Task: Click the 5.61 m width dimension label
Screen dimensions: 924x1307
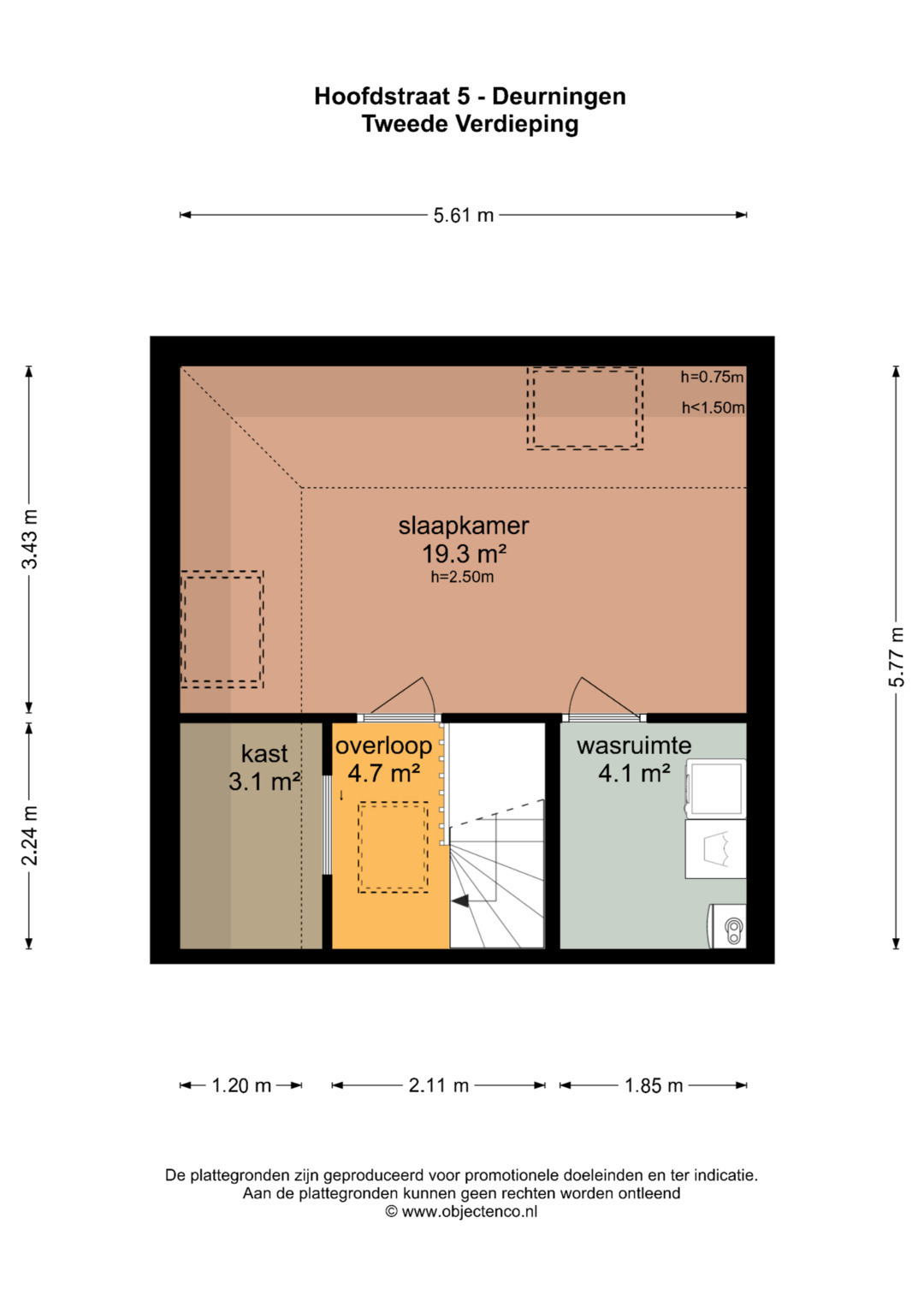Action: tap(463, 216)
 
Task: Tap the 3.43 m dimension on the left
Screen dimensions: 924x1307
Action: tap(30, 538)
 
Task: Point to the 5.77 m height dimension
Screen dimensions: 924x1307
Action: tap(897, 656)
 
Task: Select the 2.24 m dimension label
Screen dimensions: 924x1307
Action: tap(30, 835)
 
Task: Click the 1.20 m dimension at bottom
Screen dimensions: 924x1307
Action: tap(241, 1085)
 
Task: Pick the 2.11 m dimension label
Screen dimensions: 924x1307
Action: tap(439, 1085)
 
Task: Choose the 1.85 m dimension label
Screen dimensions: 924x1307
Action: tap(654, 1085)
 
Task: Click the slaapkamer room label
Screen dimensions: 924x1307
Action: tap(464, 526)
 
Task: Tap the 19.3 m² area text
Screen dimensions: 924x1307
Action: tap(464, 553)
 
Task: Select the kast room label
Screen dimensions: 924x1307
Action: tap(264, 753)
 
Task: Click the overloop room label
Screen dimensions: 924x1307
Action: tap(384, 746)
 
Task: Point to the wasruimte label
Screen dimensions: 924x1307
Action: tap(634, 746)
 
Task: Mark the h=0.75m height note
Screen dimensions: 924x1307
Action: tap(712, 377)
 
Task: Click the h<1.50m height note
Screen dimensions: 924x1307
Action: tap(713, 407)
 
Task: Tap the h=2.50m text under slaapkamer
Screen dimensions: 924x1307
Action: tap(463, 577)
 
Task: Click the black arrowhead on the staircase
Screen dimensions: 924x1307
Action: tap(460, 901)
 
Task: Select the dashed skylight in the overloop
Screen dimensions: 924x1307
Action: tap(394, 847)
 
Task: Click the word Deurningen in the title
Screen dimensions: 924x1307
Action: tap(559, 96)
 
